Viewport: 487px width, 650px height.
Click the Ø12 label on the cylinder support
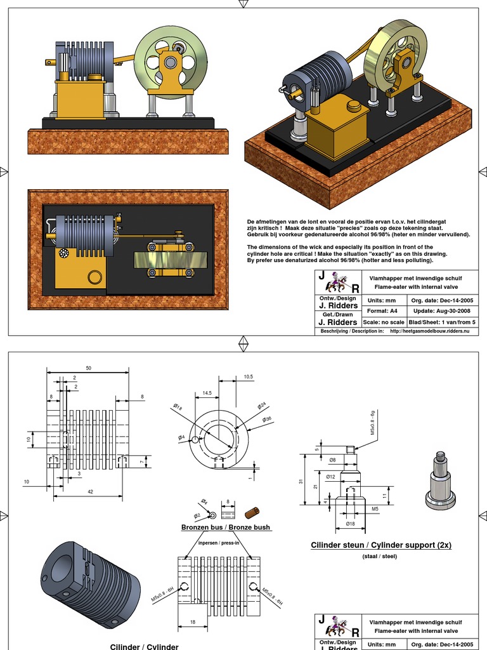click(x=331, y=476)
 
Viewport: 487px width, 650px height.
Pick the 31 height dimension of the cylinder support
click(x=301, y=481)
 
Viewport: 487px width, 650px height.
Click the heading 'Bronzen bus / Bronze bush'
click(x=225, y=527)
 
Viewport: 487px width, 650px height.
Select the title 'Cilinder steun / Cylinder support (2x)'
click(x=381, y=545)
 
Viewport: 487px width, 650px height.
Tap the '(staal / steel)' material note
click(x=379, y=556)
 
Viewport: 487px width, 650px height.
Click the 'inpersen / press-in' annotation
click(x=218, y=543)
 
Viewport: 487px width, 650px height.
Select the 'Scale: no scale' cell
click(x=384, y=322)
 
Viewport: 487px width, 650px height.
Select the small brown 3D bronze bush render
click(x=252, y=512)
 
